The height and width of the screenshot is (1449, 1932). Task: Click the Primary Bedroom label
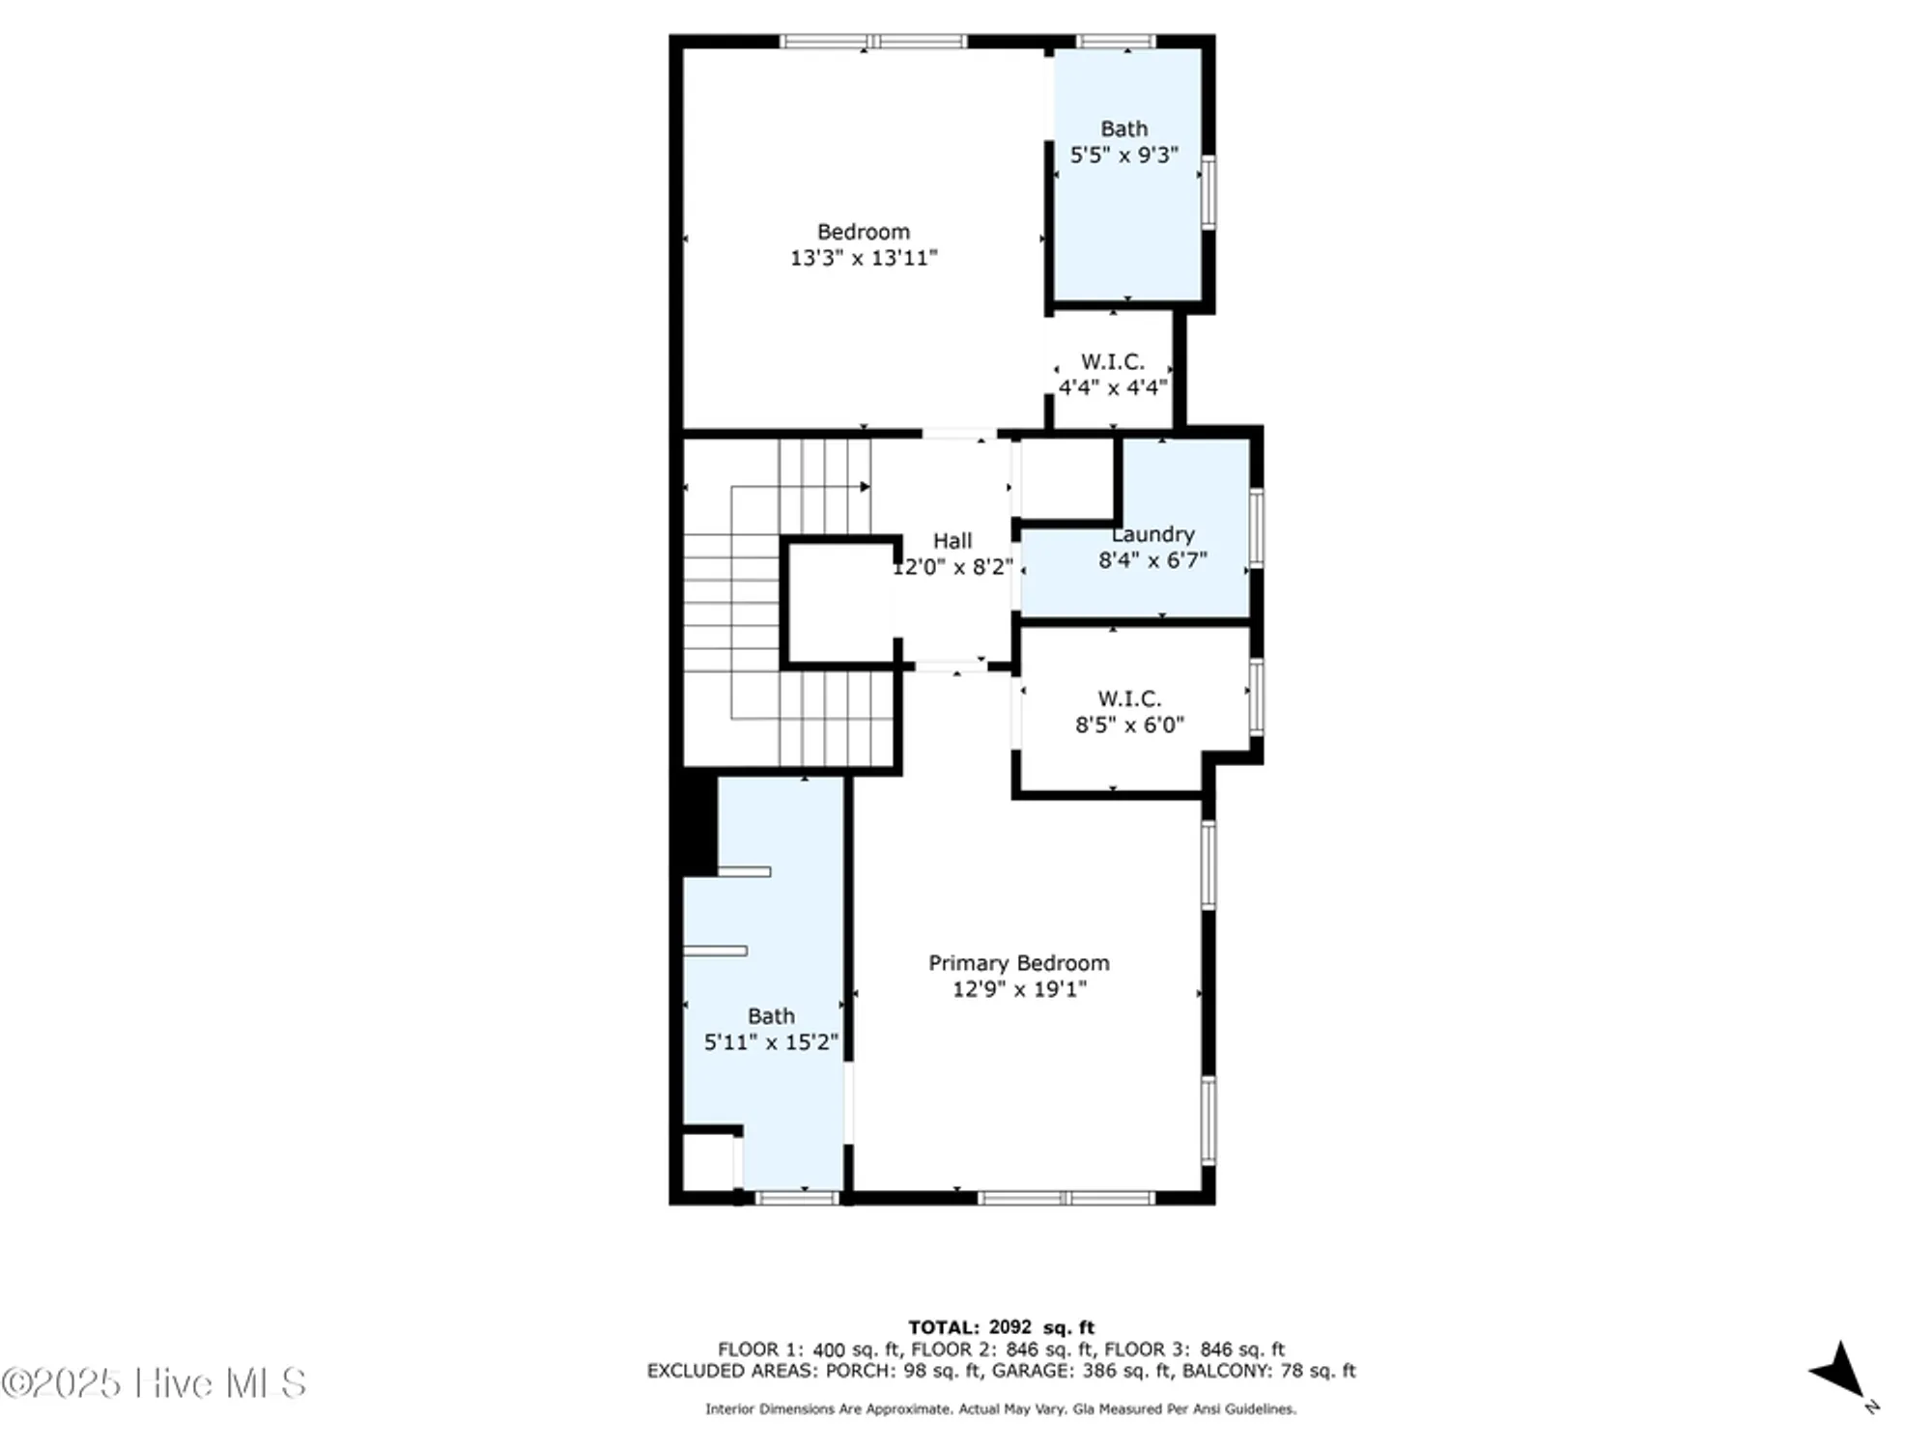click(1018, 963)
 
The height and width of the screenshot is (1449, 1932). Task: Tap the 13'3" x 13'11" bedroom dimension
click(864, 258)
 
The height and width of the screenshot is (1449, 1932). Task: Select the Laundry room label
click(1153, 534)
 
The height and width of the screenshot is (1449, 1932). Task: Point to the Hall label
click(952, 541)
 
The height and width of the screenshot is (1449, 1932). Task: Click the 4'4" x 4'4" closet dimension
click(1113, 387)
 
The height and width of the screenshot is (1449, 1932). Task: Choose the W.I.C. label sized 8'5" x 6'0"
click(1129, 698)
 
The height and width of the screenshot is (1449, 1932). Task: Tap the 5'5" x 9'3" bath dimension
click(1124, 155)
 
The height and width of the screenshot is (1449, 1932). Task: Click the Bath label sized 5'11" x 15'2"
click(771, 1016)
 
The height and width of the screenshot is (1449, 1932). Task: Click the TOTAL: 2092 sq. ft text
click(1001, 1327)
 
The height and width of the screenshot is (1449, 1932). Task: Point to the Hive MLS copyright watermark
click(155, 1383)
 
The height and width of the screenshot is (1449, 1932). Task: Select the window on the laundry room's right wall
click(1256, 527)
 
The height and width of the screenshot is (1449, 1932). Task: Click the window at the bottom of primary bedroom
click(1065, 1198)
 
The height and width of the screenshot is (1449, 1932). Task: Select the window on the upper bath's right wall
click(1207, 191)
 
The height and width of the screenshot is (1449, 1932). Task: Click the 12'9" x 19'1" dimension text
click(1019, 989)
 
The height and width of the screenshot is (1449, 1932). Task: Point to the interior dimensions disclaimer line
click(1001, 1409)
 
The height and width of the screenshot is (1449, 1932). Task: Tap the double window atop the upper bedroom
click(873, 42)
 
